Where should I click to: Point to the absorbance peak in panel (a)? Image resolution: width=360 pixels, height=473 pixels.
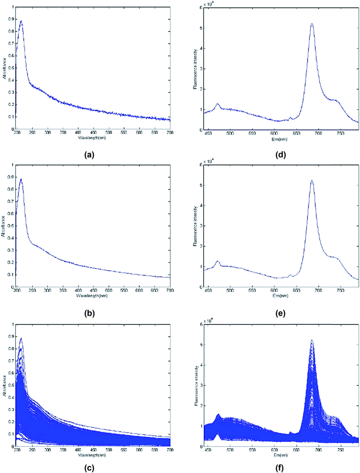click(21, 21)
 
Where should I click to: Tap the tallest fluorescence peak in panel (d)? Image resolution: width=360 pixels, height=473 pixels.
click(312, 23)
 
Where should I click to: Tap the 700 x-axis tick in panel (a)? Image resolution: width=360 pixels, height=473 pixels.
click(169, 133)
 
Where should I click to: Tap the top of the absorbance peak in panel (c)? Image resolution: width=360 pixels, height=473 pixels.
click(21, 339)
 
